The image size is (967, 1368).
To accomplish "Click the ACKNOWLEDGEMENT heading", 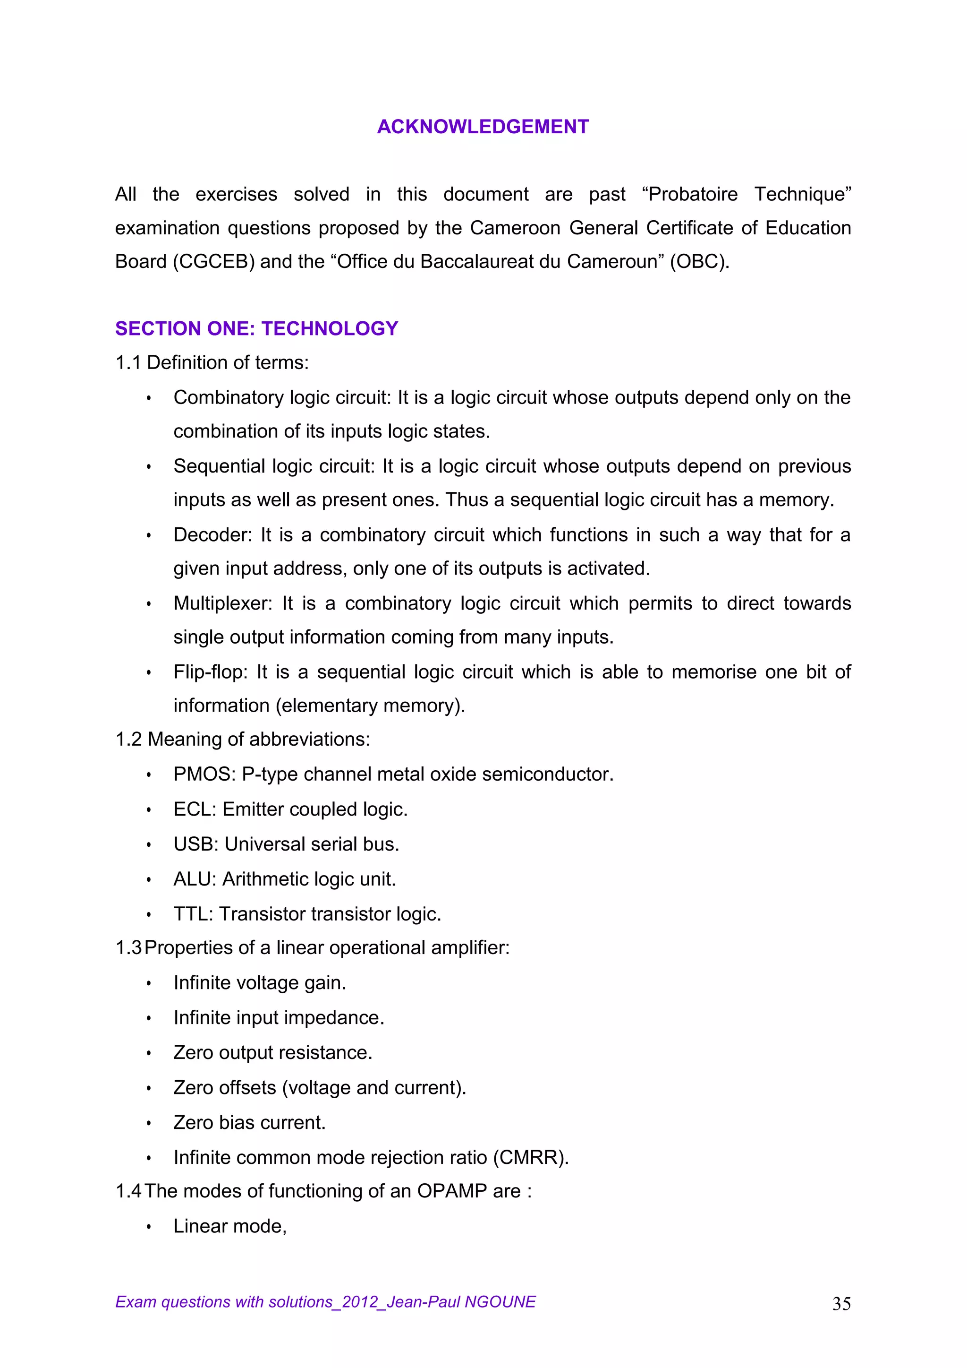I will click(x=483, y=127).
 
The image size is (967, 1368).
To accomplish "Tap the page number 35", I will click(x=841, y=1304).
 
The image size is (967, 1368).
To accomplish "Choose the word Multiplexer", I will click(x=222, y=603).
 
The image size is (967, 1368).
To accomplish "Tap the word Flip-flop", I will click(x=210, y=671).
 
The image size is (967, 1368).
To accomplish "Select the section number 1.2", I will click(x=128, y=740).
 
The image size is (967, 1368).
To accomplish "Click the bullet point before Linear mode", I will click(x=149, y=1227).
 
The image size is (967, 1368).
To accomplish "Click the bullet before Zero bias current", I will click(x=149, y=1123).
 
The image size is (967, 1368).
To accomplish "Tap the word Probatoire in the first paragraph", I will click(x=693, y=194).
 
